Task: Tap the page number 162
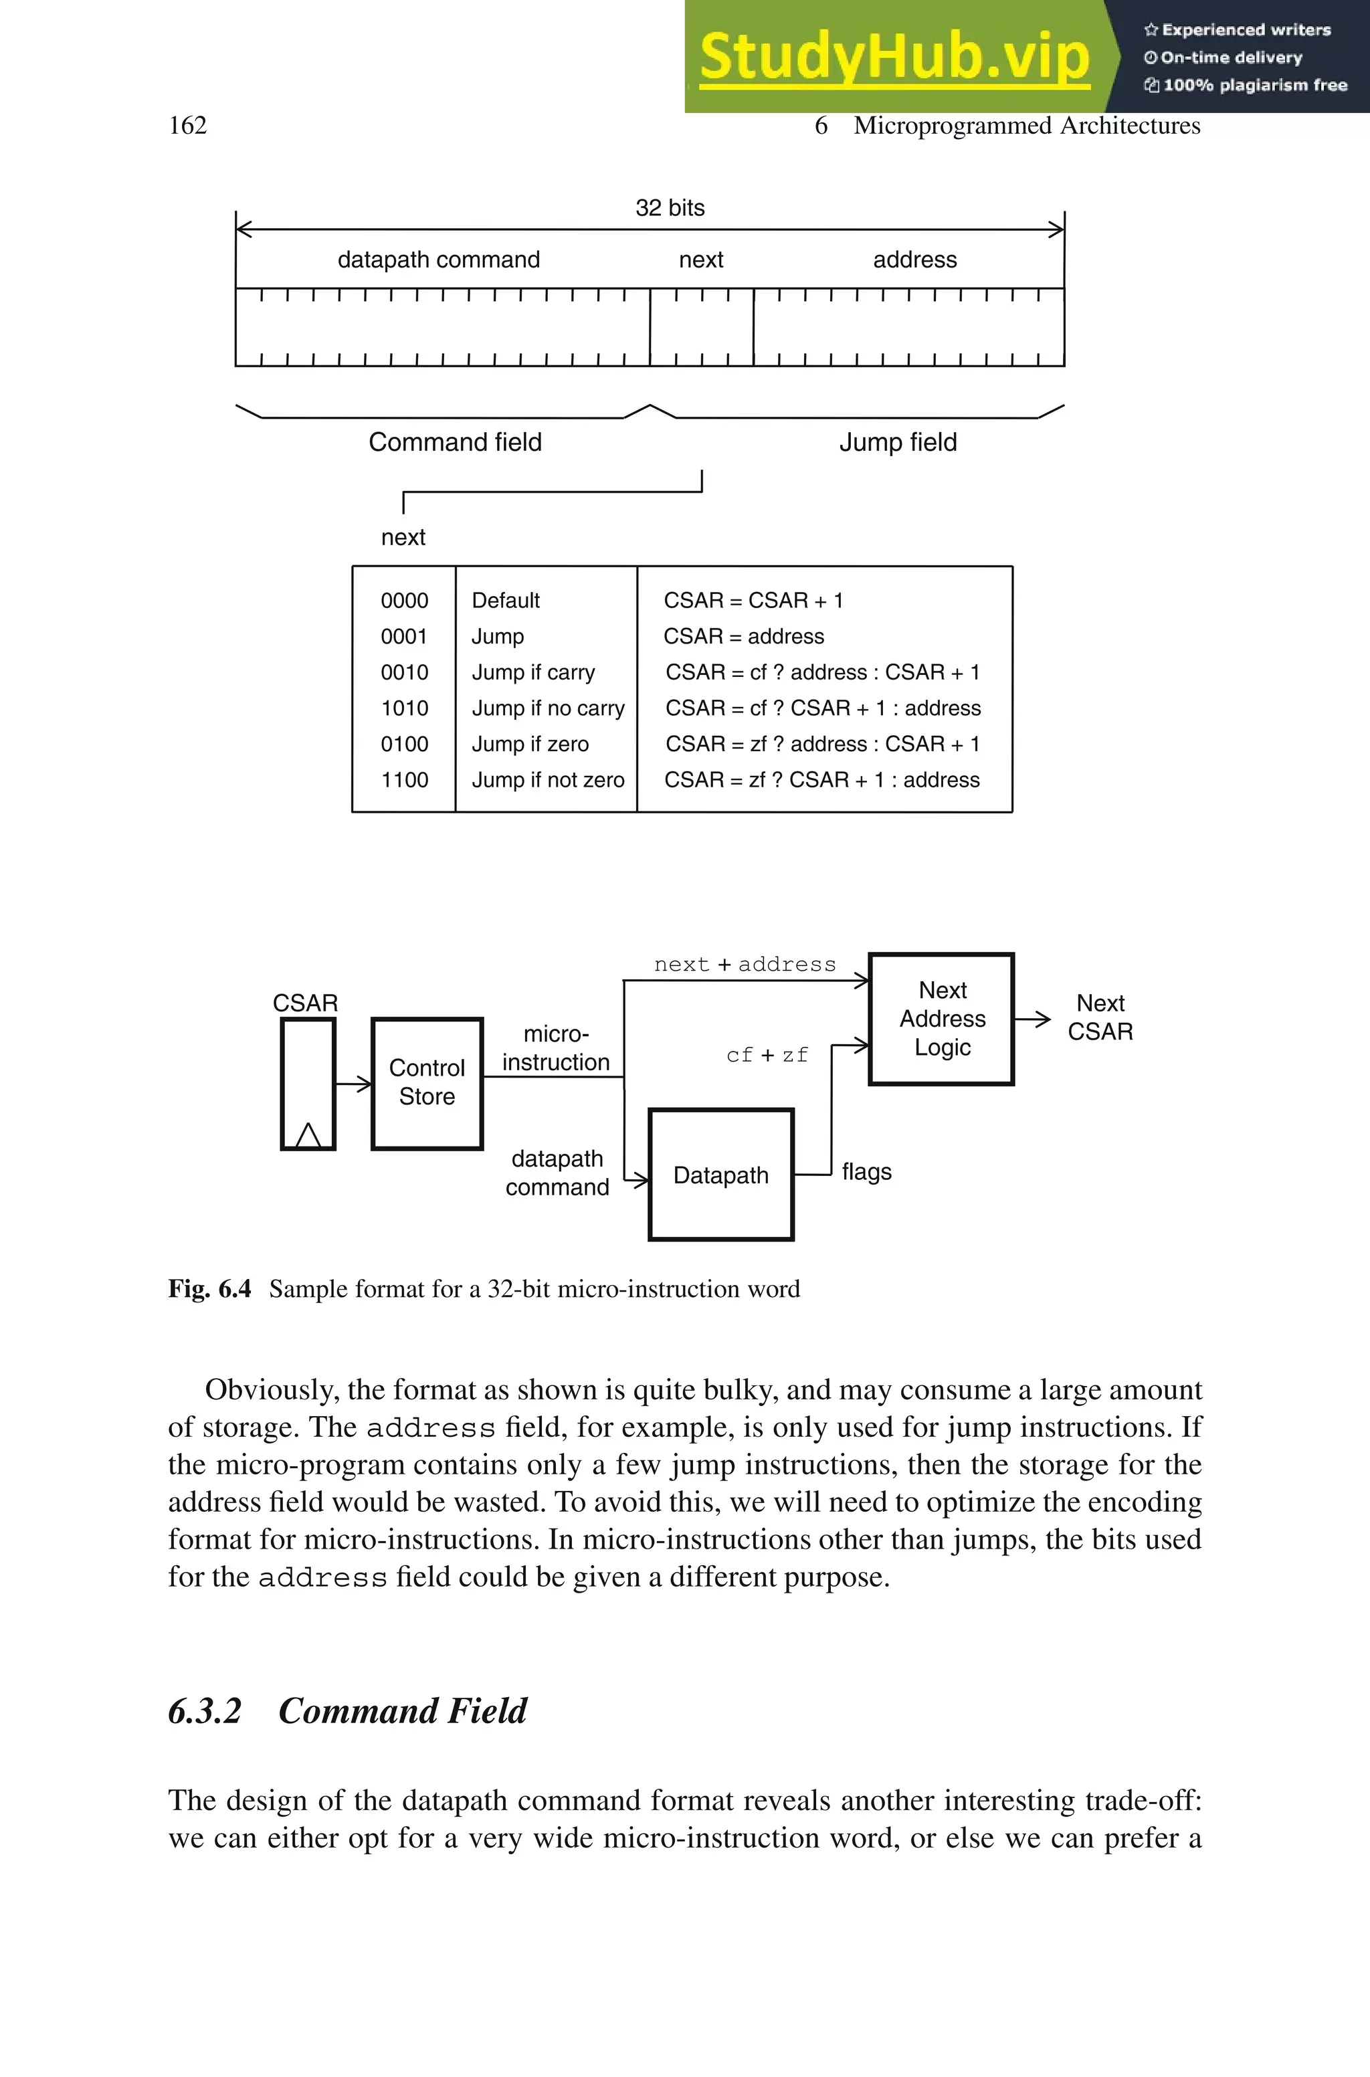188,126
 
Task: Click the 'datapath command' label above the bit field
439,260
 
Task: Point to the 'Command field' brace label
454,442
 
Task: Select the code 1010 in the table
405,708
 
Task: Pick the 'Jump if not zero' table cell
548,780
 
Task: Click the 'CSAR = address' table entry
744,637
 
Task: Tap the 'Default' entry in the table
506,601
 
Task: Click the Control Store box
427,1083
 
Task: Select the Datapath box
721,1175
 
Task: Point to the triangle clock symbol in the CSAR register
308,1134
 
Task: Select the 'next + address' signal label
745,965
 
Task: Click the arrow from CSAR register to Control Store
353,1084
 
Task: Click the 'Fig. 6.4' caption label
209,1289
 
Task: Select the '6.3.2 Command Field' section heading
347,1711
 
